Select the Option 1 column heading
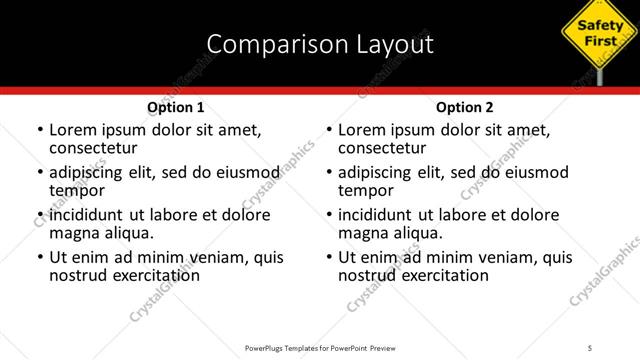(x=176, y=107)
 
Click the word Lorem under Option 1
(x=75, y=130)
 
